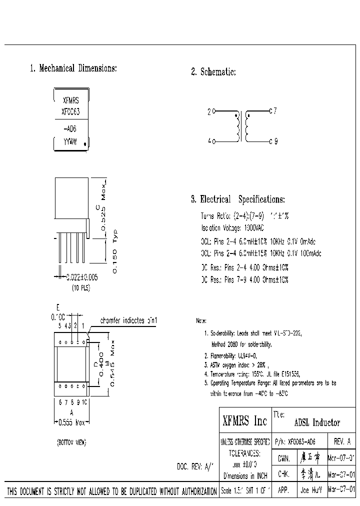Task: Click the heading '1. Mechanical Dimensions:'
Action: (x=73, y=68)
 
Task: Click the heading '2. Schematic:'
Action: (x=213, y=72)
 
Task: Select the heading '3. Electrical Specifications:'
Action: (x=238, y=199)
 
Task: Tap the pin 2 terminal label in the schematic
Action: (x=209, y=112)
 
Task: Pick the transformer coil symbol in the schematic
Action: (x=241, y=126)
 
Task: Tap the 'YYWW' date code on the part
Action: (x=69, y=142)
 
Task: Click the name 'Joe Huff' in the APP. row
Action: (x=310, y=490)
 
